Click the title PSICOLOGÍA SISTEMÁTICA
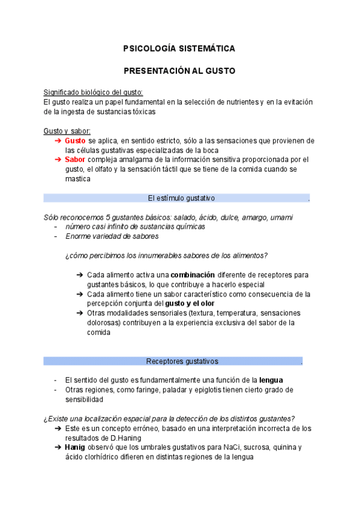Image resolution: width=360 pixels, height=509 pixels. click(x=179, y=48)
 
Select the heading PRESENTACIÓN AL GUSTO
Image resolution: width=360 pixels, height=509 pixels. click(x=179, y=71)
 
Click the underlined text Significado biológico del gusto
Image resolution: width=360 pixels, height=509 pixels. click(x=93, y=92)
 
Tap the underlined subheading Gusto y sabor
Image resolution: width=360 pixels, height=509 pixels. click(x=67, y=131)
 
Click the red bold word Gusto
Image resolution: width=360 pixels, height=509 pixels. click(x=76, y=140)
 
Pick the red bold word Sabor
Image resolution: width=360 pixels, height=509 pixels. click(x=75, y=160)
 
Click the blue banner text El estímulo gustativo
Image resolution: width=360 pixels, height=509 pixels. click(x=181, y=198)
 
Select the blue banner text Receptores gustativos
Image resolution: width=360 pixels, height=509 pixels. click(x=182, y=361)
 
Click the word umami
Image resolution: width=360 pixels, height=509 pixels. click(x=281, y=217)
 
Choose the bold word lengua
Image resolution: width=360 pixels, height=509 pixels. click(x=271, y=381)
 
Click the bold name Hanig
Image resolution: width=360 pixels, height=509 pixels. click(x=75, y=448)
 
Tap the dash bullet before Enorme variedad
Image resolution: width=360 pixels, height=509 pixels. click(x=56, y=236)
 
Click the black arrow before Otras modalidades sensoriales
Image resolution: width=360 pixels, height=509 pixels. click(x=80, y=313)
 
